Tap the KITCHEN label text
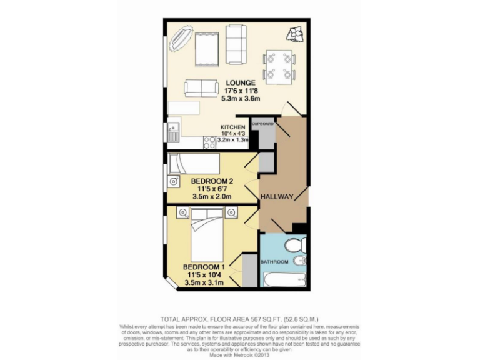point(232,127)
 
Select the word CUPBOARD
point(262,124)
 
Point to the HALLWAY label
point(277,197)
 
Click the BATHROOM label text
point(274,262)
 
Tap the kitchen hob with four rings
point(209,142)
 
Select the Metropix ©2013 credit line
point(240,355)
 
